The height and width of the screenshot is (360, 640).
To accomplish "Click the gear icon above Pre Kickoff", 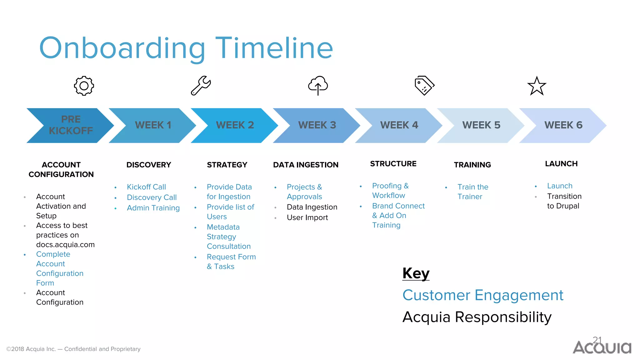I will click(x=84, y=86).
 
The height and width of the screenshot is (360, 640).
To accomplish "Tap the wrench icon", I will click(x=201, y=85).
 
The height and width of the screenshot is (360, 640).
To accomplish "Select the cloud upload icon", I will click(x=318, y=85).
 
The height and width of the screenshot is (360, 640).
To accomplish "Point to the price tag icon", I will click(x=424, y=85).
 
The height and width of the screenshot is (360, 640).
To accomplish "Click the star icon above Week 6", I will click(x=537, y=86).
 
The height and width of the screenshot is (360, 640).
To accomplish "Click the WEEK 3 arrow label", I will click(x=317, y=125).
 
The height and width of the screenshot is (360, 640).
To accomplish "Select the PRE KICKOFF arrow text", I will click(x=71, y=125).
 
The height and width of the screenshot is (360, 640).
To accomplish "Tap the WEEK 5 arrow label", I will click(x=481, y=125).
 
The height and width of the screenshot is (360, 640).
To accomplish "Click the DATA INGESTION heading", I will click(x=306, y=165).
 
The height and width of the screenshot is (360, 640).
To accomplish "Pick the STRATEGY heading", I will click(x=227, y=165).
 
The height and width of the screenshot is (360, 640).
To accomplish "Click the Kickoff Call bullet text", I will click(x=146, y=187).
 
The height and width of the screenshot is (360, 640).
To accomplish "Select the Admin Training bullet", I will click(x=153, y=208).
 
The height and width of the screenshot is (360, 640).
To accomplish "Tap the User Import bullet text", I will click(x=307, y=217).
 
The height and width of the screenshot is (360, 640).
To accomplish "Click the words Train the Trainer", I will click(x=472, y=192).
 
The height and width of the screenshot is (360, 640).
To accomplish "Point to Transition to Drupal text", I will click(x=564, y=201).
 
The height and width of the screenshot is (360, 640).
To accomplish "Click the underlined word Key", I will click(x=416, y=273).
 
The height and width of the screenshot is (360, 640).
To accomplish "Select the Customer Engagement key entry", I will click(x=482, y=295).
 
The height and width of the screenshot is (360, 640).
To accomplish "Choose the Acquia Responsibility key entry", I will click(x=477, y=317).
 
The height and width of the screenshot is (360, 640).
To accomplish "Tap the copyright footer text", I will click(x=73, y=349).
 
